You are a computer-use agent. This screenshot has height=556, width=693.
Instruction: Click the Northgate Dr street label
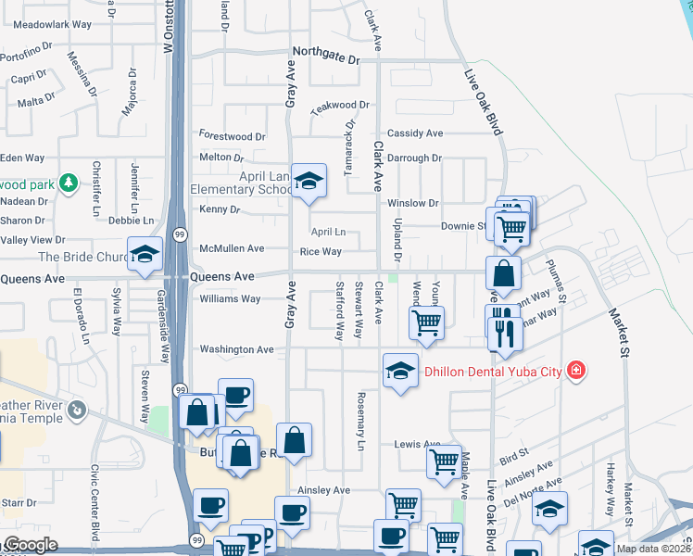tap(325, 56)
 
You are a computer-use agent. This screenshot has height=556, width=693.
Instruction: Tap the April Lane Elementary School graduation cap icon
tap(309, 180)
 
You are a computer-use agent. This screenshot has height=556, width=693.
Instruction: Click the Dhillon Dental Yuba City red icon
tap(576, 371)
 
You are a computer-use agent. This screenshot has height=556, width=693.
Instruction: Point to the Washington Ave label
tap(237, 349)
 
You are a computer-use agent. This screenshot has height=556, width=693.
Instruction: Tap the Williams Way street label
tap(231, 299)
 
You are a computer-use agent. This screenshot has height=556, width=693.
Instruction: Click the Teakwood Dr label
tap(341, 107)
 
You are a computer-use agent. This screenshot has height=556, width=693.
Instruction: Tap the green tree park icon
tap(68, 182)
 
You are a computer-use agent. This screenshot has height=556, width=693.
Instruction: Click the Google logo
tap(30, 544)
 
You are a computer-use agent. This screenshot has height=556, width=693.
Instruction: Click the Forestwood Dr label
tap(232, 136)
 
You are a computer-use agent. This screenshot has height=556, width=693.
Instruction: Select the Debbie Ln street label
tap(124, 221)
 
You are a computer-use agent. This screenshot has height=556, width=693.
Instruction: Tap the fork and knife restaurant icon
tap(504, 331)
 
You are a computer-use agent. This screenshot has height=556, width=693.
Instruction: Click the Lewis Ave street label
tap(418, 445)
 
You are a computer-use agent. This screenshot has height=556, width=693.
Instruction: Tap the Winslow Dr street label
tap(412, 203)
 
